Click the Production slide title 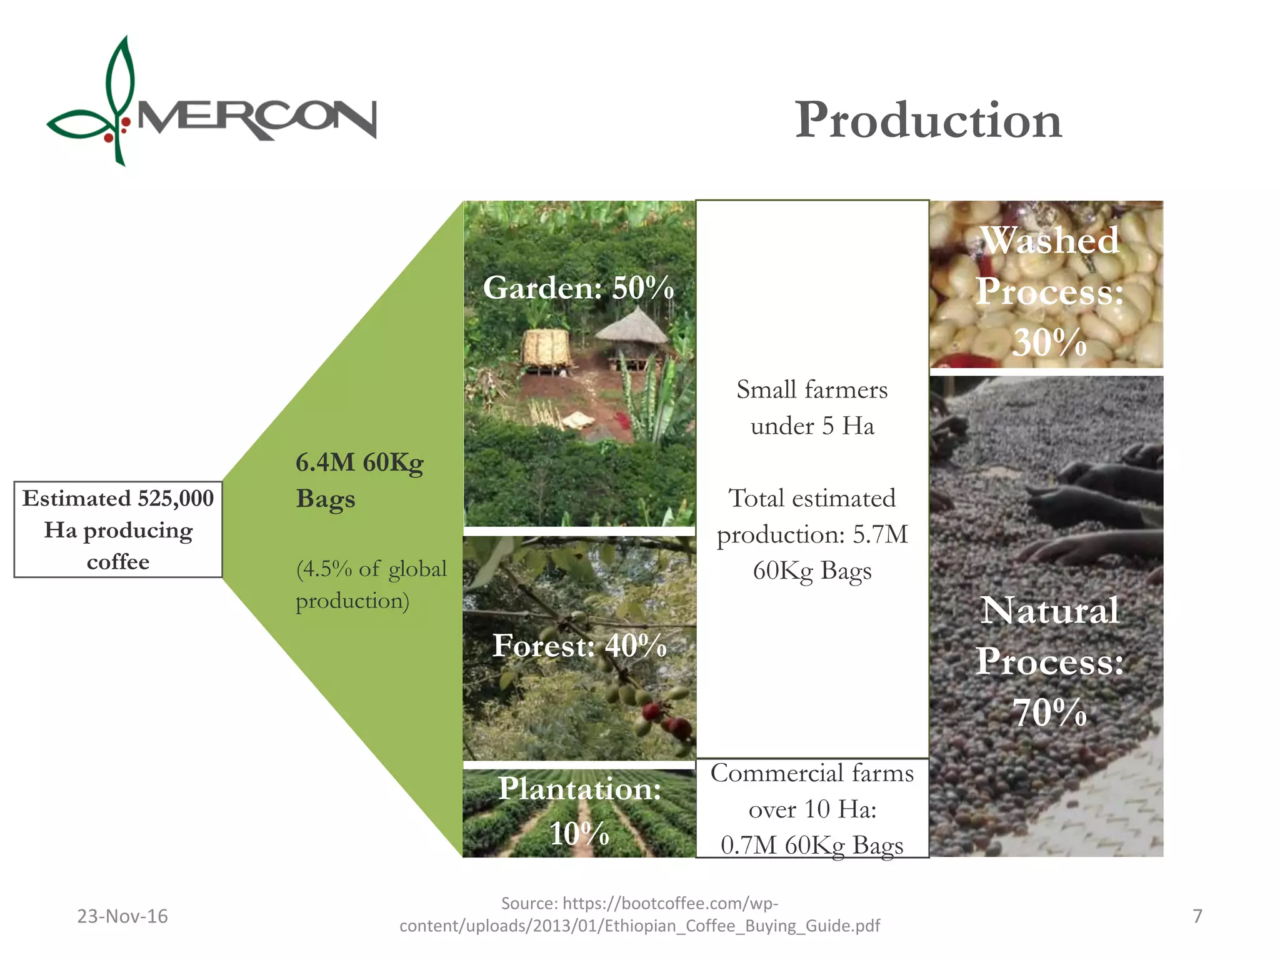click(x=928, y=120)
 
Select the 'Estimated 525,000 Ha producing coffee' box click(x=118, y=529)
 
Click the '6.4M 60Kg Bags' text click(x=359, y=480)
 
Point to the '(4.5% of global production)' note click(x=371, y=584)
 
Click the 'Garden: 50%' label click(x=578, y=288)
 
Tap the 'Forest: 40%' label click(x=579, y=646)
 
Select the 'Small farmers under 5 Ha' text click(x=811, y=407)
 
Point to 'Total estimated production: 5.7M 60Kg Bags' click(x=811, y=534)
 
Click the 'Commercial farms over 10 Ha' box click(x=811, y=809)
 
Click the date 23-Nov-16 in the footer click(x=122, y=916)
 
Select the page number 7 click(x=1197, y=916)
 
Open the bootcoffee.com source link click(x=639, y=914)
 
